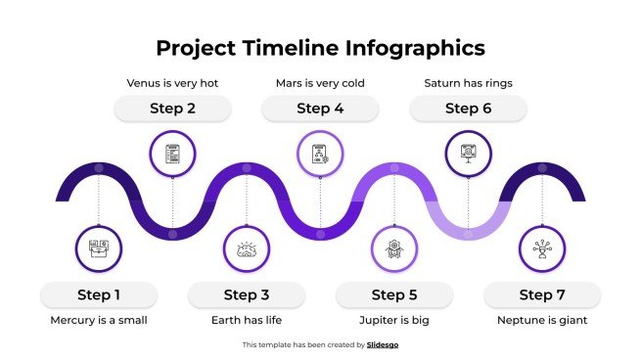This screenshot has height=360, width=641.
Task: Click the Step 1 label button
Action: (x=99, y=294)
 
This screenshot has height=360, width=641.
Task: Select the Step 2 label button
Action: (x=172, y=109)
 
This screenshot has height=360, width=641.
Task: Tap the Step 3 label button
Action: (x=246, y=294)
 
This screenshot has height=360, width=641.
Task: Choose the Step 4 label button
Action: (x=320, y=109)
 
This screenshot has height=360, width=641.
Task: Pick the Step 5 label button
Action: (x=394, y=294)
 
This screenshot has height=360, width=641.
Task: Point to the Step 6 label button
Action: (x=468, y=109)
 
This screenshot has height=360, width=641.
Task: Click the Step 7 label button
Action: (x=542, y=294)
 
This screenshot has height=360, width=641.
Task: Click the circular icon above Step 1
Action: (x=99, y=249)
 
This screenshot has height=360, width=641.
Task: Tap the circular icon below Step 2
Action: (x=172, y=154)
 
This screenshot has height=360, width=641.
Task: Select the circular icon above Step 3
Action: (x=247, y=249)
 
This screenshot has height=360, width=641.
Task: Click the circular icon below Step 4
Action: (x=320, y=154)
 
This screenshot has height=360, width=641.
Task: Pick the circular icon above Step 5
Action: (x=394, y=249)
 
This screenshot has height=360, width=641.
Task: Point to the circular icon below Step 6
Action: (x=468, y=154)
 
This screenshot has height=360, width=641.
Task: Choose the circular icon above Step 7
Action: (x=542, y=249)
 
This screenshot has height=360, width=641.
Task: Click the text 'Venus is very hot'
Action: (x=172, y=83)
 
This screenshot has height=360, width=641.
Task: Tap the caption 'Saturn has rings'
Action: (x=468, y=83)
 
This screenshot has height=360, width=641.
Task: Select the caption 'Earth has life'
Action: (x=246, y=320)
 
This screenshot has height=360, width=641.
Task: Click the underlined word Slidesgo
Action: (x=383, y=344)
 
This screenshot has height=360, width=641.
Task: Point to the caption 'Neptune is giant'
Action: (x=542, y=320)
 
